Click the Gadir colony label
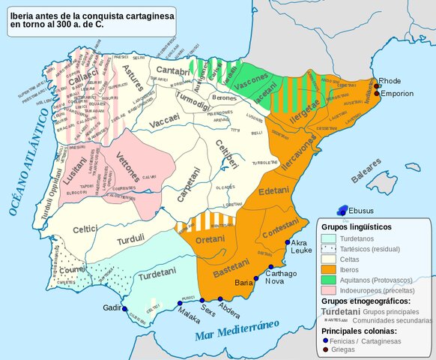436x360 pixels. (x=111, y=307)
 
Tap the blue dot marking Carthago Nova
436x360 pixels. (x=271, y=267)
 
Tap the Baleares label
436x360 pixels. (x=366, y=174)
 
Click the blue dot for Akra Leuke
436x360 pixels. (x=288, y=242)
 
